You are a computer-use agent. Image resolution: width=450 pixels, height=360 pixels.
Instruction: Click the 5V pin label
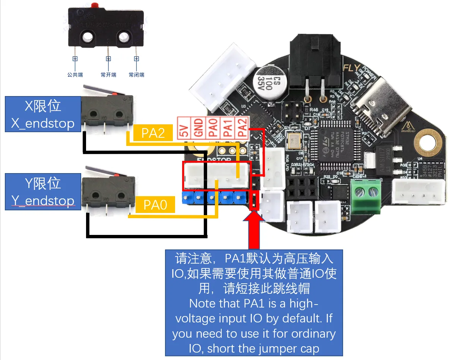tap(183, 128)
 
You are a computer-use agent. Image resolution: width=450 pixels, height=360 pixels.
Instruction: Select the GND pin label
tap(198, 128)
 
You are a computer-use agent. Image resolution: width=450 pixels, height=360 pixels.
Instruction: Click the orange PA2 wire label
tap(153, 133)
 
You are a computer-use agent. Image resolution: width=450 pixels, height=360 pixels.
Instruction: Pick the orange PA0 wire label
tap(155, 205)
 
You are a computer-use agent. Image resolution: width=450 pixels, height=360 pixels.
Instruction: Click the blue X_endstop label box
tap(43, 114)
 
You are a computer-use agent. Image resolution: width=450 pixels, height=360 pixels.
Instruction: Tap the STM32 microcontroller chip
tap(338, 140)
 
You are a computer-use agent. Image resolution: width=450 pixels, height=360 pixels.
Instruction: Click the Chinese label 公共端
tap(75, 75)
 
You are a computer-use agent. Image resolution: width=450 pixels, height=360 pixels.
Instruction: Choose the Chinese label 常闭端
tap(136, 75)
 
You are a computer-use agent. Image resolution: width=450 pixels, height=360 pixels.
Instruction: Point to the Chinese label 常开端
tap(108, 75)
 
